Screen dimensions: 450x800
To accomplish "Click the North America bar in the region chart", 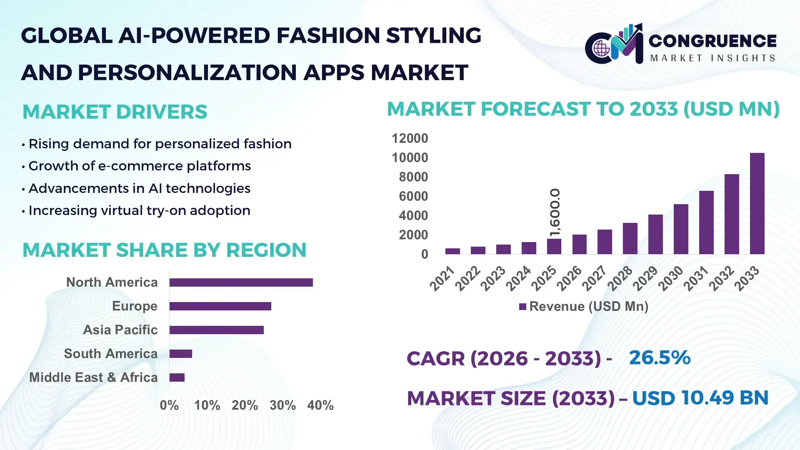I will pos(241,282).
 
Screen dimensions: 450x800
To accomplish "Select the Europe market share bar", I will pos(220,306).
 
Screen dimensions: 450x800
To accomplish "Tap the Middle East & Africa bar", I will pos(177,377).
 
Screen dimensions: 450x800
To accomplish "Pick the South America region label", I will pos(110,354).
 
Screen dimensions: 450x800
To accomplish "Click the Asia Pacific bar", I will pos(216,330).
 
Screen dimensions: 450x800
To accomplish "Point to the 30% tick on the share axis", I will pos(282,405).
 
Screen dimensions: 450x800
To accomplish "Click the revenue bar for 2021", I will pos(452,251).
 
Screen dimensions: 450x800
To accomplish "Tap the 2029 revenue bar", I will pos(655,234).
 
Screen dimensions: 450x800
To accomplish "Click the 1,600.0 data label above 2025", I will pos(555,212).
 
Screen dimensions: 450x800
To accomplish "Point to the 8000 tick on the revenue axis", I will pos(413,177).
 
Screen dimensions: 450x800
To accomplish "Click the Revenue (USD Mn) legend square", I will pos(522,307).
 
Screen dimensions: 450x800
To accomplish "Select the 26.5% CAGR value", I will pos(660,357).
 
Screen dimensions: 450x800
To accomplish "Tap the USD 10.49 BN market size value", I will pos(700,398).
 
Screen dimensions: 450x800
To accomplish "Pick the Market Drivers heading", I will pos(115,112).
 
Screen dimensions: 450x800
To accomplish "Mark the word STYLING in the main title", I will pos(433,35).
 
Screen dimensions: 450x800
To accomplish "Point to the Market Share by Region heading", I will pos(164,250).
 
